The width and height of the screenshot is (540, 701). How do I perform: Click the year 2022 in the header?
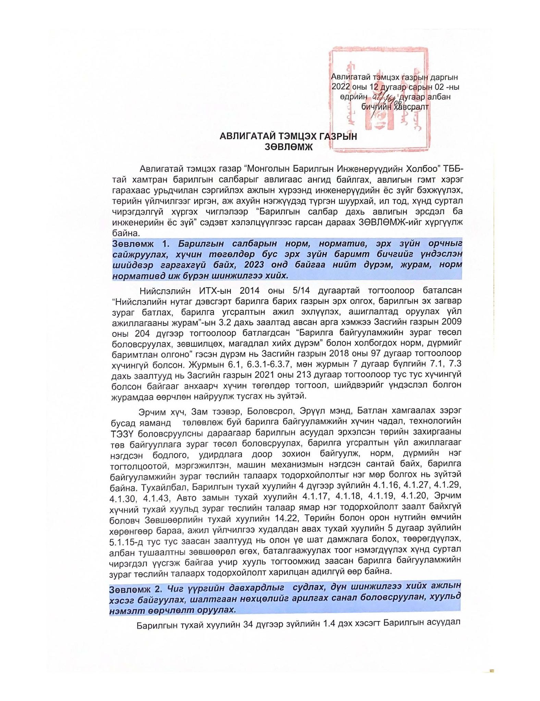[341, 87]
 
